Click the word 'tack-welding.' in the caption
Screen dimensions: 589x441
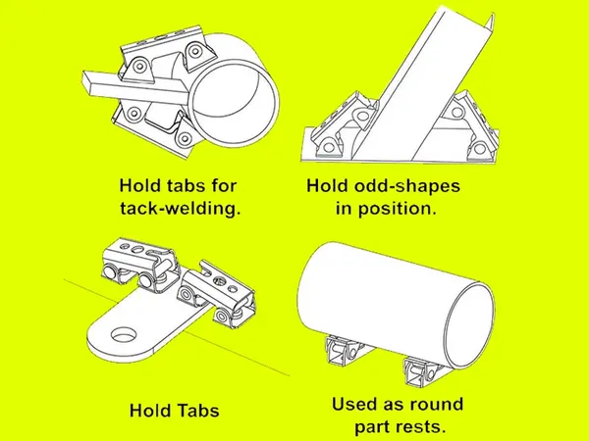(x=181, y=209)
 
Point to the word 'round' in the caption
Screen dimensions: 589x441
(x=436, y=404)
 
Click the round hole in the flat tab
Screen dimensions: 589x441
(x=126, y=334)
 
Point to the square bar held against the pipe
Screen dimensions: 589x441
(x=135, y=88)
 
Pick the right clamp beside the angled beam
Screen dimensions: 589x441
(x=471, y=125)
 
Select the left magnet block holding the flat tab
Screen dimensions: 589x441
(x=140, y=265)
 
